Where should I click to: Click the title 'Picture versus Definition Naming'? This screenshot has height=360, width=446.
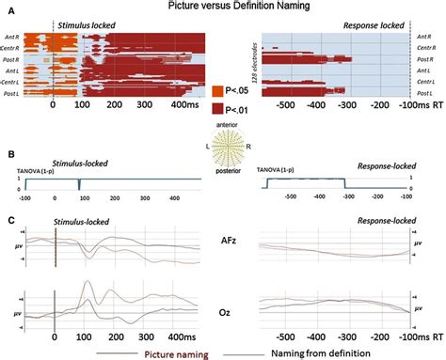(x=223, y=7)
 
